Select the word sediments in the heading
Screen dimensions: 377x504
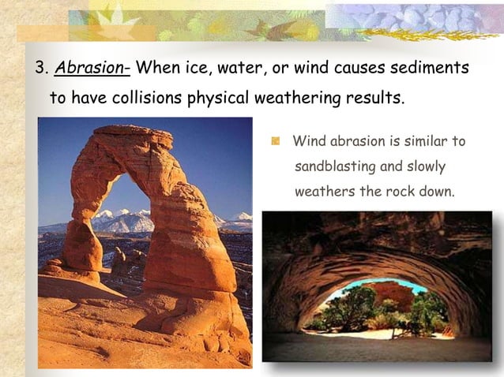pyautogui.click(x=433, y=68)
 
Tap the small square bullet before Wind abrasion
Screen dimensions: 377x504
pyautogui.click(x=276, y=142)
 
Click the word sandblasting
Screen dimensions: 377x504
pyautogui.click(x=333, y=167)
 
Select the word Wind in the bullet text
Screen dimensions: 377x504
pyautogui.click(x=307, y=142)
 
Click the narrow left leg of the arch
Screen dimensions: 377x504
pyautogui.click(x=83, y=237)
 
